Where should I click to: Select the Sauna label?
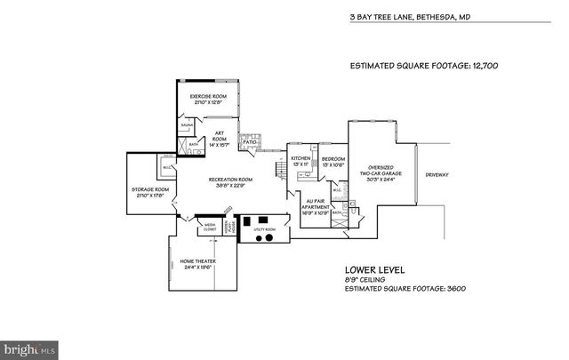coord(188,127)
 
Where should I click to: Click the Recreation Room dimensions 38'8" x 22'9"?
coord(228,187)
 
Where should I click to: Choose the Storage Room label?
coord(150,189)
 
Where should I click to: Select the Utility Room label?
coord(265,229)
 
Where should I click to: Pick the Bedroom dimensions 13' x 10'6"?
coord(334,164)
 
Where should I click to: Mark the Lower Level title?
coord(375,269)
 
